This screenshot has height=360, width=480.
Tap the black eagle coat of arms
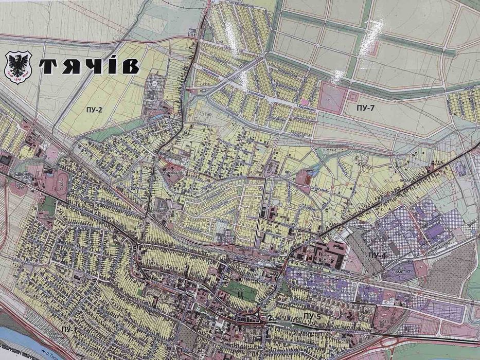click(18, 67)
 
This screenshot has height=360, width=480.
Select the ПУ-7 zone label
click(367, 109)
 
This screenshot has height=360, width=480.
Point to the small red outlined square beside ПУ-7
click(353, 97)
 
